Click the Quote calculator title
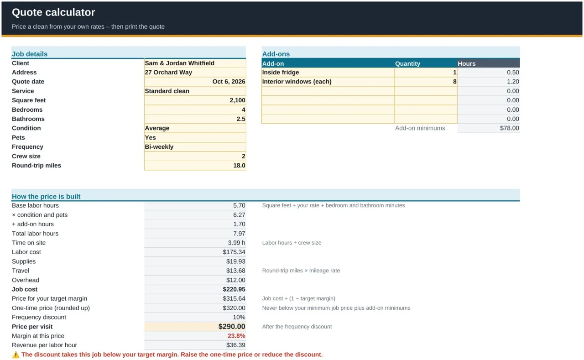(53, 12)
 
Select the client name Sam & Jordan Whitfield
(180, 63)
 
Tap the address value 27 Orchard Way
(168, 72)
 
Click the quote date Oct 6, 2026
(229, 82)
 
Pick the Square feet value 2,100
(237, 100)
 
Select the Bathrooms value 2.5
(241, 119)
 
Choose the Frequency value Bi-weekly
(159, 147)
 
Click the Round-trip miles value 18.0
(239, 166)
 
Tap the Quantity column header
(407, 63)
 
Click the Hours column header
(466, 63)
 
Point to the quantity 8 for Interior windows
(455, 82)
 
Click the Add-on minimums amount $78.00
(510, 128)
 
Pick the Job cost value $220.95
(234, 289)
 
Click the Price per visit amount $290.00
(232, 326)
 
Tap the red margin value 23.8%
(236, 336)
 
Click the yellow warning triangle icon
(16, 355)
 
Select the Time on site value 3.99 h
(236, 243)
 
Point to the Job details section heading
(30, 54)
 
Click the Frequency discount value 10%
(239, 317)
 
